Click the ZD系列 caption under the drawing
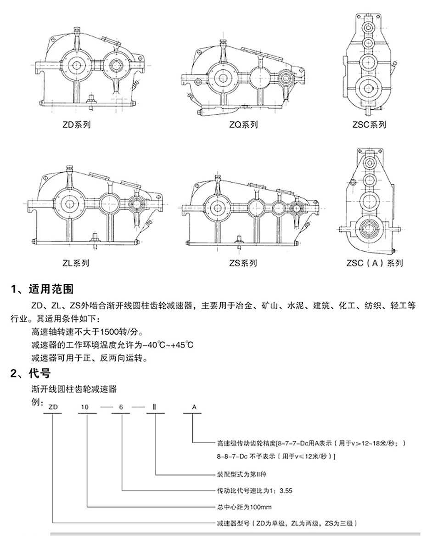77,124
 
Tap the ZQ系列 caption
243,124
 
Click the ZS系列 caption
243,263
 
